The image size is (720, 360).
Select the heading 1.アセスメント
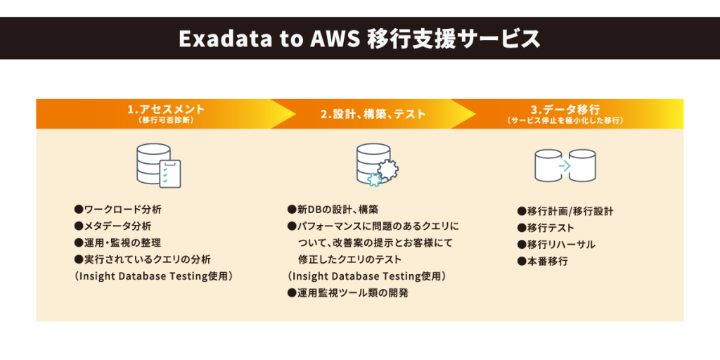point(166,110)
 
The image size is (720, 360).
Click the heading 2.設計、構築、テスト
point(373,114)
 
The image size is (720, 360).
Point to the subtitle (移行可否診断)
point(166,121)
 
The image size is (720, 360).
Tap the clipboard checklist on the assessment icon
point(169,174)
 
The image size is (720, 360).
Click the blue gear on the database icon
point(375,179)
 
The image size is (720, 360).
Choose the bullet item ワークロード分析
point(117,210)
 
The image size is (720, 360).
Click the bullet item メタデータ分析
point(112,226)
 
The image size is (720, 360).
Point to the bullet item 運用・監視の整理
point(117,243)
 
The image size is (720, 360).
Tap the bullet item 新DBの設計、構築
point(333,210)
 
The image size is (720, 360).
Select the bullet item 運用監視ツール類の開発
point(347,293)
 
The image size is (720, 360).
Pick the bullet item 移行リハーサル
point(555,245)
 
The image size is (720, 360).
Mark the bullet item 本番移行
point(542,262)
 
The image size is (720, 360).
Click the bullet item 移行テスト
point(546,229)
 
